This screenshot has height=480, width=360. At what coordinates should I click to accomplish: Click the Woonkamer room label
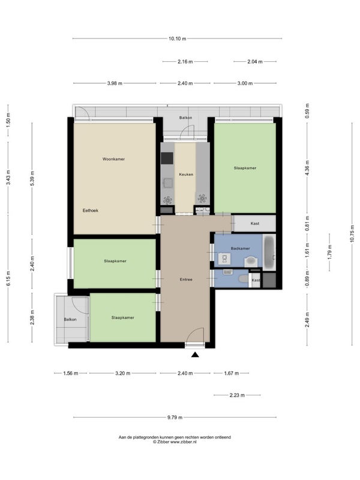pyautogui.click(x=113, y=159)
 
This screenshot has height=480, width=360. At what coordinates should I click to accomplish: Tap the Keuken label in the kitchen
pyautogui.click(x=186, y=175)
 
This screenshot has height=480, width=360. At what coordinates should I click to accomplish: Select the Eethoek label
pyautogui.click(x=91, y=211)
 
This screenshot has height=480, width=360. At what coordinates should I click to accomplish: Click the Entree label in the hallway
pyautogui.click(x=186, y=280)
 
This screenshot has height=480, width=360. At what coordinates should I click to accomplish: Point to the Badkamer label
pyautogui.click(x=241, y=248)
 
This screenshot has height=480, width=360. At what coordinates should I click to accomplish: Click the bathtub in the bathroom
pyautogui.click(x=269, y=252)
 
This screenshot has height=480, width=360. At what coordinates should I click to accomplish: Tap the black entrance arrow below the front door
pyautogui.click(x=195, y=355)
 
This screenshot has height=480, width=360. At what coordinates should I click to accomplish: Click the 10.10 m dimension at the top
pyautogui.click(x=177, y=38)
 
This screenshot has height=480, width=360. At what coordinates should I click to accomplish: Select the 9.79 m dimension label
pyautogui.click(x=175, y=417)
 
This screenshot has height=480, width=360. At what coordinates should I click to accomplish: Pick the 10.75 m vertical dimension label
pyautogui.click(x=352, y=234)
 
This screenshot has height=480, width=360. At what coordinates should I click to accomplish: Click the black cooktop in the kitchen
pyautogui.click(x=167, y=158)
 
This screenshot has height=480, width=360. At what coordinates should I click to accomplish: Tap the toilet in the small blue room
pyautogui.click(x=244, y=279)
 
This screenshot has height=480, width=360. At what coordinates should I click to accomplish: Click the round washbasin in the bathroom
pyautogui.click(x=251, y=262)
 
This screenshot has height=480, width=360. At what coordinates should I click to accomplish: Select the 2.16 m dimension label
pyautogui.click(x=185, y=62)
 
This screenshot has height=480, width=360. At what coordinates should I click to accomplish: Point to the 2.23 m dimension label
pyautogui.click(x=237, y=395)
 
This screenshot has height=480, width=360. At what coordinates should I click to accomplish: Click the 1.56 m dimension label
pyautogui.click(x=71, y=373)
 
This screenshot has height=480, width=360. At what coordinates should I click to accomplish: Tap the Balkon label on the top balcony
pyautogui.click(x=186, y=118)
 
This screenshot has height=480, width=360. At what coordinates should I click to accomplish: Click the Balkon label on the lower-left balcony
pyautogui.click(x=70, y=320)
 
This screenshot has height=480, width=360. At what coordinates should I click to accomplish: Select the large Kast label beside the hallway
pyautogui.click(x=255, y=223)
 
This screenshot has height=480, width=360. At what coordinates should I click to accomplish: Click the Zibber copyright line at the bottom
pyautogui.click(x=175, y=442)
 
